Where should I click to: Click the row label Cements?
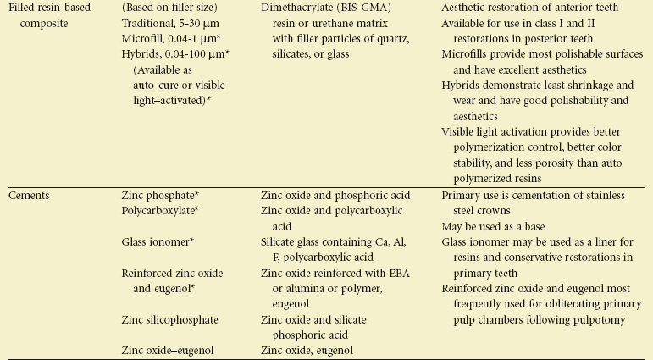click(x=30, y=195)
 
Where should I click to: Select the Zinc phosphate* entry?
click(x=161, y=195)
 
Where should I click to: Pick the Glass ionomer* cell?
click(x=158, y=241)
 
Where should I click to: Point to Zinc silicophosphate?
click(x=169, y=319)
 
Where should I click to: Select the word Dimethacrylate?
click(x=295, y=8)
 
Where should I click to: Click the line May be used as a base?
click(x=494, y=226)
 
